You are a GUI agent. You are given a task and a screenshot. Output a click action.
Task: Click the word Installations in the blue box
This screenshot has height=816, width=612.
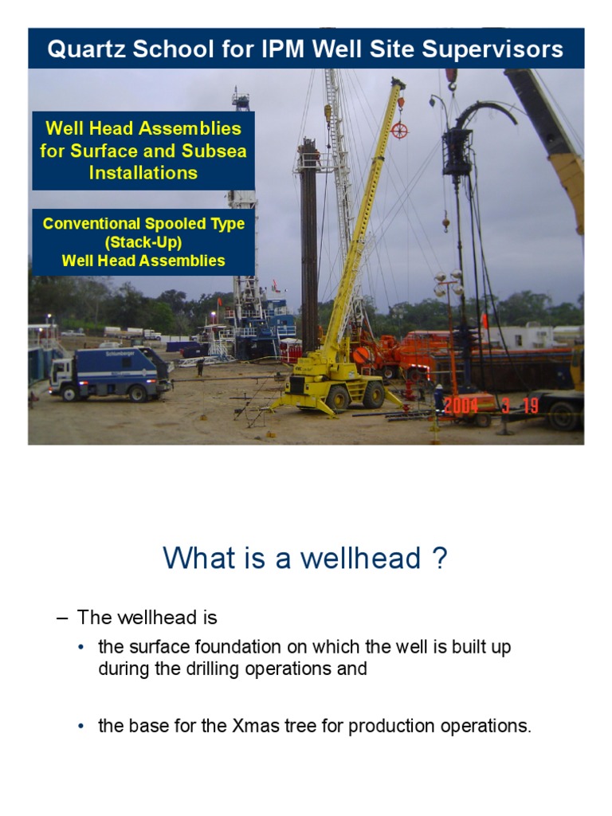tap(143, 171)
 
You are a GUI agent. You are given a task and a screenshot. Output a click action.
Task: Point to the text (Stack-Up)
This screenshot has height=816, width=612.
tap(143, 242)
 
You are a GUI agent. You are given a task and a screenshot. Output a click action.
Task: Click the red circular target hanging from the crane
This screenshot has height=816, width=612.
tap(399, 130)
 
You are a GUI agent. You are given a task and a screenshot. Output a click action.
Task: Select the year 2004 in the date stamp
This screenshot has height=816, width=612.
tap(461, 406)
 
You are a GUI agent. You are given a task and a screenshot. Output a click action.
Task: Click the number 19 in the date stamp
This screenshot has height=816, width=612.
tap(529, 406)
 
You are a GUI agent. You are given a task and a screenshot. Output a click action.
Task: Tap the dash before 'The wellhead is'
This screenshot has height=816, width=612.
tap(64, 618)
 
